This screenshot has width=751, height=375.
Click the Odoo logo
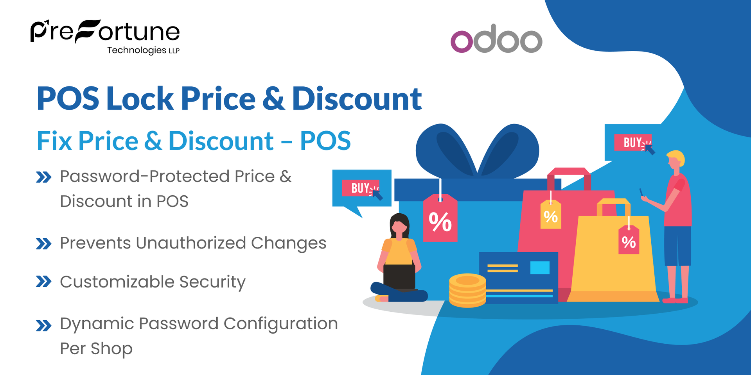coord(496,39)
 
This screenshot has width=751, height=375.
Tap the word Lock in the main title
coord(140,98)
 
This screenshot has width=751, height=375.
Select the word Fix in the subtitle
coord(54,141)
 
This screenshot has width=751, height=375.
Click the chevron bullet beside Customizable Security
coord(43,282)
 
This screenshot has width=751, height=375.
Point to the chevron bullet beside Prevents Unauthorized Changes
coord(43,244)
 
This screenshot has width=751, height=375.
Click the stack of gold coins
coord(467,291)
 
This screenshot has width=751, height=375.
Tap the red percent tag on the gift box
coord(440,220)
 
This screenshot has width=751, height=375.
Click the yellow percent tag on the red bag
coord(551,215)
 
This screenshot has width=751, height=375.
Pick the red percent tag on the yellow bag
coord(629,241)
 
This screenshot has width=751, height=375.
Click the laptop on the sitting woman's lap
coord(399,276)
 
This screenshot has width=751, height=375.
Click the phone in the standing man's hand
coord(641,193)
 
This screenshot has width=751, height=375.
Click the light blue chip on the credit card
coord(540,268)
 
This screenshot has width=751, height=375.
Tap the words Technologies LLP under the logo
coord(143,50)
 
